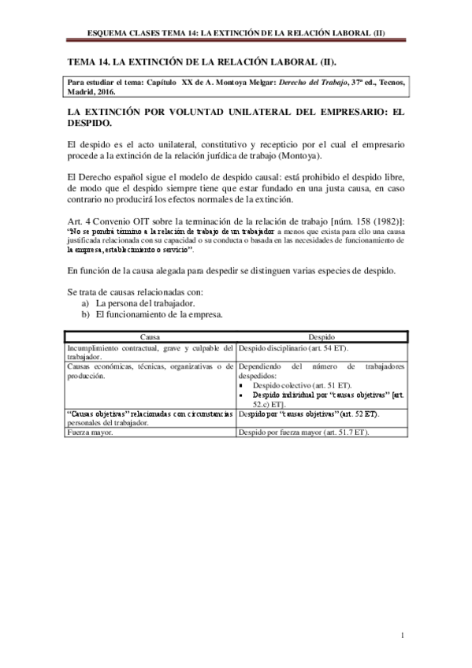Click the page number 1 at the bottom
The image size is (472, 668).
click(x=402, y=636)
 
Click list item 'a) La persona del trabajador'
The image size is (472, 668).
click(x=135, y=302)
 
